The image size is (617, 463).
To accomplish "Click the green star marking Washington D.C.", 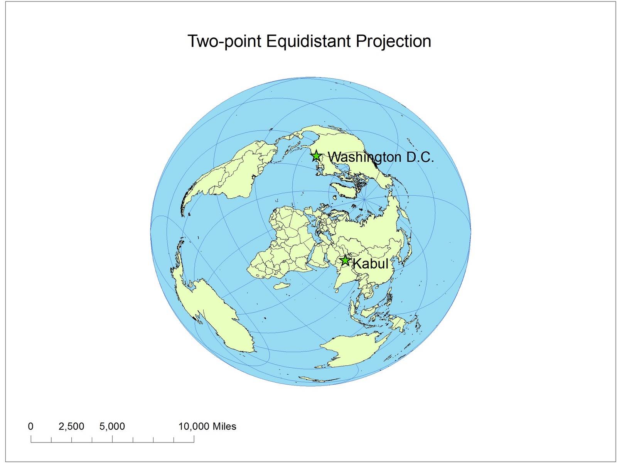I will coord(316,156).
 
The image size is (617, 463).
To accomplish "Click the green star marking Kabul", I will coord(345,261).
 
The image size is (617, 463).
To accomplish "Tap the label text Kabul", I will coord(370,264).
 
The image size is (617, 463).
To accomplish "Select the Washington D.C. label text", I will coord(381,157).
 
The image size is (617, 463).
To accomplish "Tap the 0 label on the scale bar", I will coord(31,426).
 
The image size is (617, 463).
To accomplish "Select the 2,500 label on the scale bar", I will coord(71,426).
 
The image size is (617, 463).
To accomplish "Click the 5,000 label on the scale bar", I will coord(112,426).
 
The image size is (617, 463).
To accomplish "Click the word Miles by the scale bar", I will coord(224,426).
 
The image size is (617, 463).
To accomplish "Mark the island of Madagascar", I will coord(282,286).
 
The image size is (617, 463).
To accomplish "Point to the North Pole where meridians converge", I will coord(364,199).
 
